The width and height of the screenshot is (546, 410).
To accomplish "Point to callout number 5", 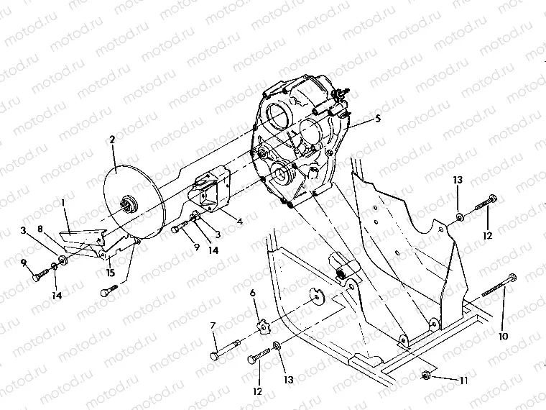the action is pos(377,118).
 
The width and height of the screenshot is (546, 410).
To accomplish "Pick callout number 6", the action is pos(252,293).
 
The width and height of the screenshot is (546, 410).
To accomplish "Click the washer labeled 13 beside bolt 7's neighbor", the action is pos(278,351).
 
